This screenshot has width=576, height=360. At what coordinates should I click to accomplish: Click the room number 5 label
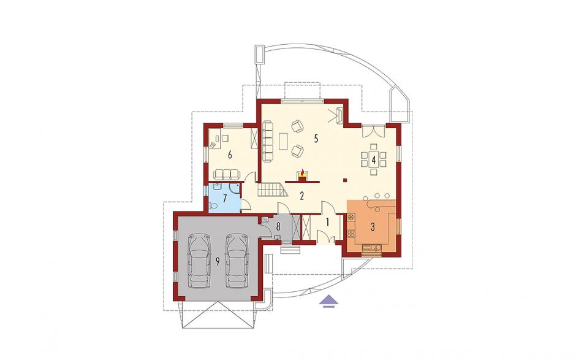[316, 139]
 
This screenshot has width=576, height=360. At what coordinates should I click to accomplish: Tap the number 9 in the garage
[218, 261]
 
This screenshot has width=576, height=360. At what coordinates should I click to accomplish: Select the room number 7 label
[225, 199]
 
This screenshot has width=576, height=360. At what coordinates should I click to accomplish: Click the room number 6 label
[230, 155]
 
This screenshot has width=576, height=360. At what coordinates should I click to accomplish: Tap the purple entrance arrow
[328, 301]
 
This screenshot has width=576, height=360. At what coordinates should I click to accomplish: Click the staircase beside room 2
[272, 190]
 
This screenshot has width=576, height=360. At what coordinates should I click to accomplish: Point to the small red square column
[344, 180]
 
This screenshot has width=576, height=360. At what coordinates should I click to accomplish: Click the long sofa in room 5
[268, 142]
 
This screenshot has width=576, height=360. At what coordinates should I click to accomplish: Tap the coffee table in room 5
[283, 142]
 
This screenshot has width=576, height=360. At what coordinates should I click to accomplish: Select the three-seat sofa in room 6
[225, 174]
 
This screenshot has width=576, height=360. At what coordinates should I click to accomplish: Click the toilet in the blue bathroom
[212, 205]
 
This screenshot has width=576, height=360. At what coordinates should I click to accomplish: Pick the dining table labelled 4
[374, 159]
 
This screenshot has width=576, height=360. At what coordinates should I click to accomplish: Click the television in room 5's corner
[339, 116]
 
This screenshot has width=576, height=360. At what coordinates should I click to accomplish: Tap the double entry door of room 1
[325, 237]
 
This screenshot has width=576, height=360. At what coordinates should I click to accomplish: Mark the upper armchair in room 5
[298, 127]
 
